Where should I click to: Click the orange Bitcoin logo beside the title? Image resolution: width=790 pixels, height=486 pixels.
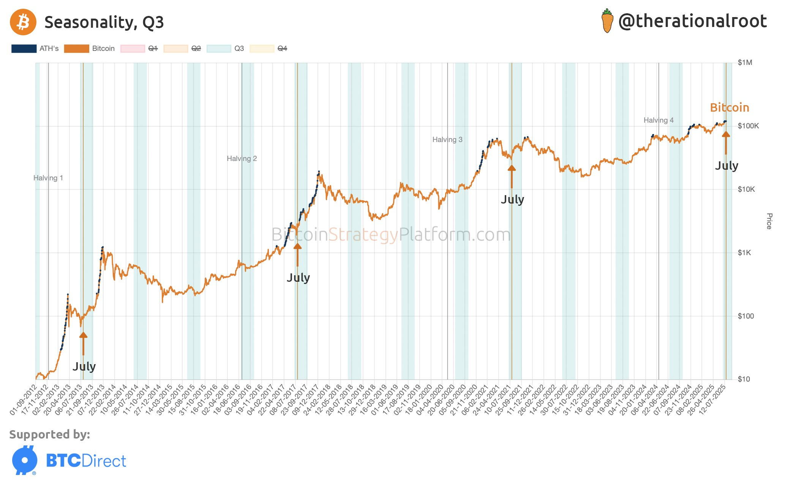pyautogui.click(x=23, y=22)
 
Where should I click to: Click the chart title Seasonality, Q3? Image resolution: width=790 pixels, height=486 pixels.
pyautogui.click(x=104, y=22)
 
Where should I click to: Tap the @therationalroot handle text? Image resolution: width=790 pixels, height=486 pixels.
pyautogui.click(x=692, y=21)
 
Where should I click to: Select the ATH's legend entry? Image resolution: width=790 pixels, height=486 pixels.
pyautogui.click(x=35, y=49)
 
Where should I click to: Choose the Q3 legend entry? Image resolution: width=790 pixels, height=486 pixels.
pyautogui.click(x=226, y=49)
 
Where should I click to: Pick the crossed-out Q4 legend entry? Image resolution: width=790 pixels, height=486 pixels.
pyautogui.click(x=269, y=49)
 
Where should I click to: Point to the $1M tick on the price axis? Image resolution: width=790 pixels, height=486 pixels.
pyautogui.click(x=744, y=63)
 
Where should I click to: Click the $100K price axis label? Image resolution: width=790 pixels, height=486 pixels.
pyautogui.click(x=748, y=126)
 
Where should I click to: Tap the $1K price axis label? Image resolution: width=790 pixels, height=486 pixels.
pyautogui.click(x=744, y=253)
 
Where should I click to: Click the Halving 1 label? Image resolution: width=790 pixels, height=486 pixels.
pyautogui.click(x=48, y=178)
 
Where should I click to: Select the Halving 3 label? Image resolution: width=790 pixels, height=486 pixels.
pyautogui.click(x=447, y=140)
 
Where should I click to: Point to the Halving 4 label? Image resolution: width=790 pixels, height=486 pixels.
pyautogui.click(x=658, y=120)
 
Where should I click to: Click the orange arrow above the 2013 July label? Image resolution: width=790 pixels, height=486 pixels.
pyautogui.click(x=83, y=343)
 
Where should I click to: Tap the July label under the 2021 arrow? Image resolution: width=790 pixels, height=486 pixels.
pyautogui.click(x=512, y=199)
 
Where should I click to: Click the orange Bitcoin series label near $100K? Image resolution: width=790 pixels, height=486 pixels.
pyautogui.click(x=729, y=108)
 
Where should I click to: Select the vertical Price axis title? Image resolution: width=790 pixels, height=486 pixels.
pyautogui.click(x=769, y=221)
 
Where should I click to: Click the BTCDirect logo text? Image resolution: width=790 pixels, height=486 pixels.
pyautogui.click(x=86, y=461)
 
